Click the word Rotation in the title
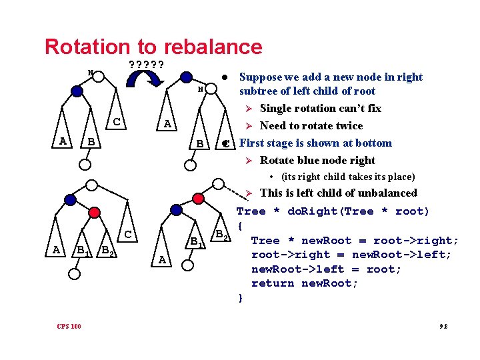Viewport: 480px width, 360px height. (x=85, y=47)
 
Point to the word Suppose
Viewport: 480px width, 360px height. (x=261, y=77)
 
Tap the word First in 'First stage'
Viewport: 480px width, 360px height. (x=251, y=143)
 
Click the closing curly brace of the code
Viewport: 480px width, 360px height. (x=241, y=297)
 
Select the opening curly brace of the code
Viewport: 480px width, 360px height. (x=241, y=226)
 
